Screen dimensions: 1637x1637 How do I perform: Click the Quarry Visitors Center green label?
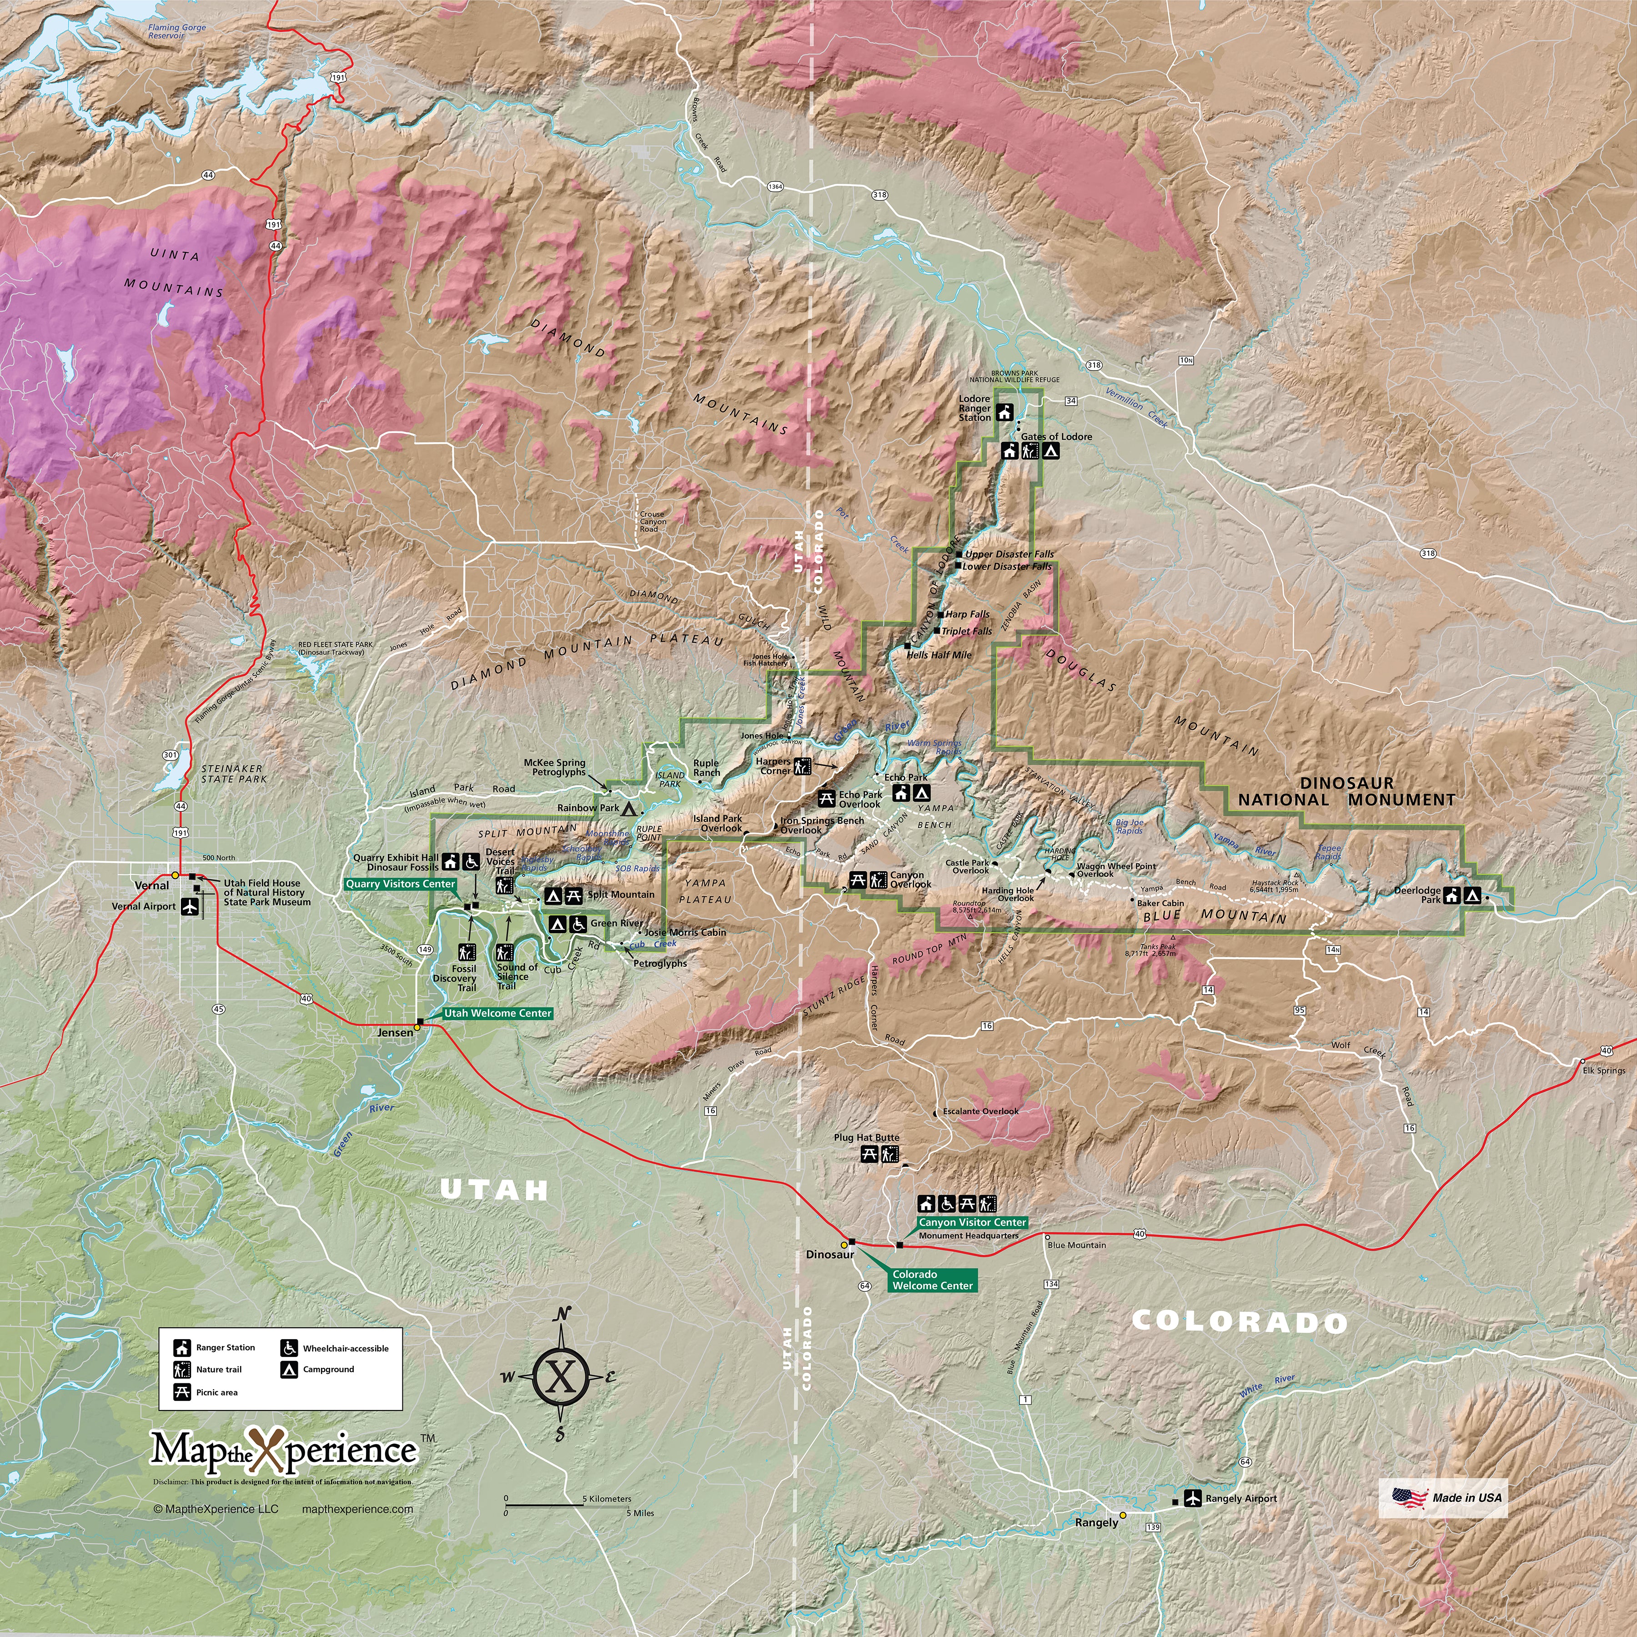[x=401, y=884]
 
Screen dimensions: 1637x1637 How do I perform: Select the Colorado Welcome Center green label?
[x=932, y=1280]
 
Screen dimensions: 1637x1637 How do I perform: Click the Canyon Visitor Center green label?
[x=972, y=1223]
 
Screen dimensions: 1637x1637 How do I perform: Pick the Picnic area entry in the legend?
[x=216, y=1392]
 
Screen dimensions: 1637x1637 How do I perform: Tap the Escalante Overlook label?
[x=980, y=1111]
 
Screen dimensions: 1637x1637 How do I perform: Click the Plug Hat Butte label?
[x=866, y=1138]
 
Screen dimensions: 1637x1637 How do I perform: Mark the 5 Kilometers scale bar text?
[x=607, y=1499]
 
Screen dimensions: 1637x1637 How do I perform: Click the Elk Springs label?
[x=1604, y=1070]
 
